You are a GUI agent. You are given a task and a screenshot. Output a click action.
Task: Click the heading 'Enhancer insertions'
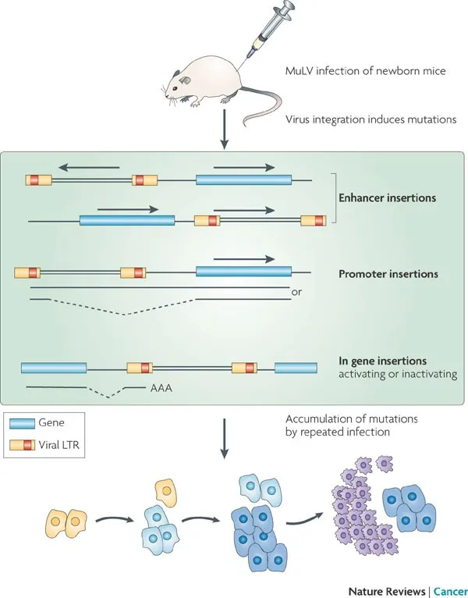[387, 198]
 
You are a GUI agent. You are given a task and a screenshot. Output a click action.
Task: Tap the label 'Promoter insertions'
[388, 274]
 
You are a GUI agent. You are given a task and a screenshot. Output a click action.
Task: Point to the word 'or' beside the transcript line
[296, 293]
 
